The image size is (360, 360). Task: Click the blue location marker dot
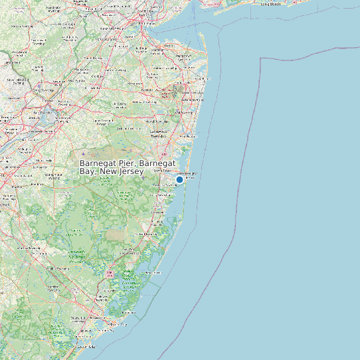coord(179,179)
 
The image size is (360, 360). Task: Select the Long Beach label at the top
coord(270,3)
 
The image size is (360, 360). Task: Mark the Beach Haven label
coord(153,272)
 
